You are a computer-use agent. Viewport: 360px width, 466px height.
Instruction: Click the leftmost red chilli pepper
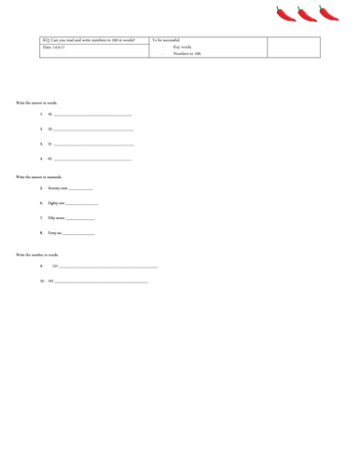coord(286,14)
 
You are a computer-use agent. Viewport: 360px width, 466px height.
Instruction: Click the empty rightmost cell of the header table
coord(295,48)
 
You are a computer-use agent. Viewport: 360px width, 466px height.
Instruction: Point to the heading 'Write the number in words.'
coord(37,254)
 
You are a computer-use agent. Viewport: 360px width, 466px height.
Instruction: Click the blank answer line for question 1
coord(93,116)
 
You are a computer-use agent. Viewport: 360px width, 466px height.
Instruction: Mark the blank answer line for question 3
coord(94,146)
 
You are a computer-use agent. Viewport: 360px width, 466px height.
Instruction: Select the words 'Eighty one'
coord(57,202)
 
